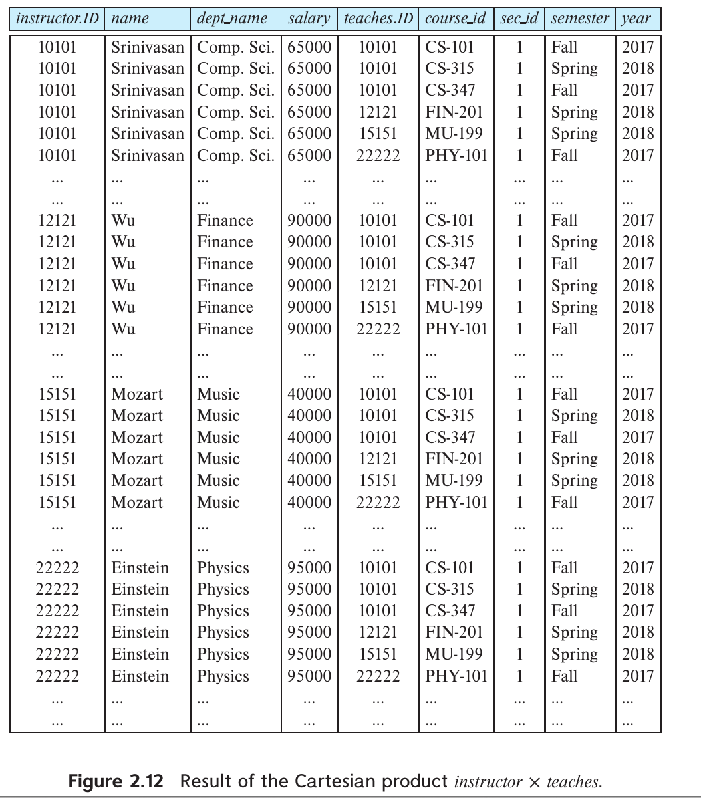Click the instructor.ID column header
pyautogui.click(x=57, y=19)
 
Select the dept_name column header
pyautogui.click(x=232, y=19)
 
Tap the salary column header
pyautogui.click(x=309, y=19)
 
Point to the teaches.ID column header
pyautogui.click(x=378, y=19)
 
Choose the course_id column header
pyautogui.click(x=457, y=19)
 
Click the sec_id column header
pyautogui.click(x=519, y=19)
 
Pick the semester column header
pyautogui.click(x=580, y=19)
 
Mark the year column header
pyautogui.click(x=636, y=19)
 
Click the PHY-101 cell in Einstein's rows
pyautogui.click(x=456, y=676)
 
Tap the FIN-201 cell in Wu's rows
pyautogui.click(x=454, y=286)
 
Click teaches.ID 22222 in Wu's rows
pyautogui.click(x=378, y=329)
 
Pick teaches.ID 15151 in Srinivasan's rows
pyautogui.click(x=378, y=134)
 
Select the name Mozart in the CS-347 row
pyautogui.click(x=137, y=438)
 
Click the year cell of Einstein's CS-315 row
pyautogui.click(x=638, y=589)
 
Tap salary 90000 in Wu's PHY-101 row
pyautogui.click(x=309, y=329)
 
